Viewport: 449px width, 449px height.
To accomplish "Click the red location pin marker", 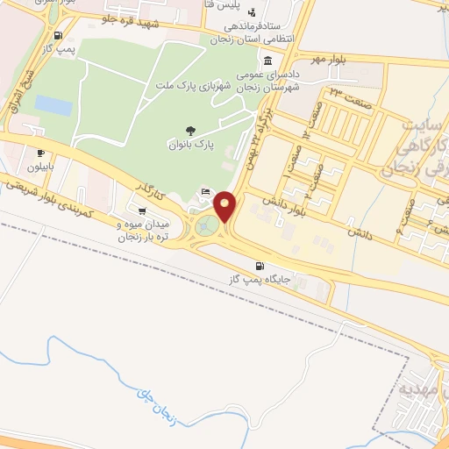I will [225, 206].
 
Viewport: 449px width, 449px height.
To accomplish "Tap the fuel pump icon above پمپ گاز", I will [58, 36].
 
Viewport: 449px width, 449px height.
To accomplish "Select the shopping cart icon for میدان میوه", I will [142, 210].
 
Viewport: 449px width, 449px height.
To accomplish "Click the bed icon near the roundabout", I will [205, 192].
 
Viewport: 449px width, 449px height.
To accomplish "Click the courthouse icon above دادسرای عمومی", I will [267, 61].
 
